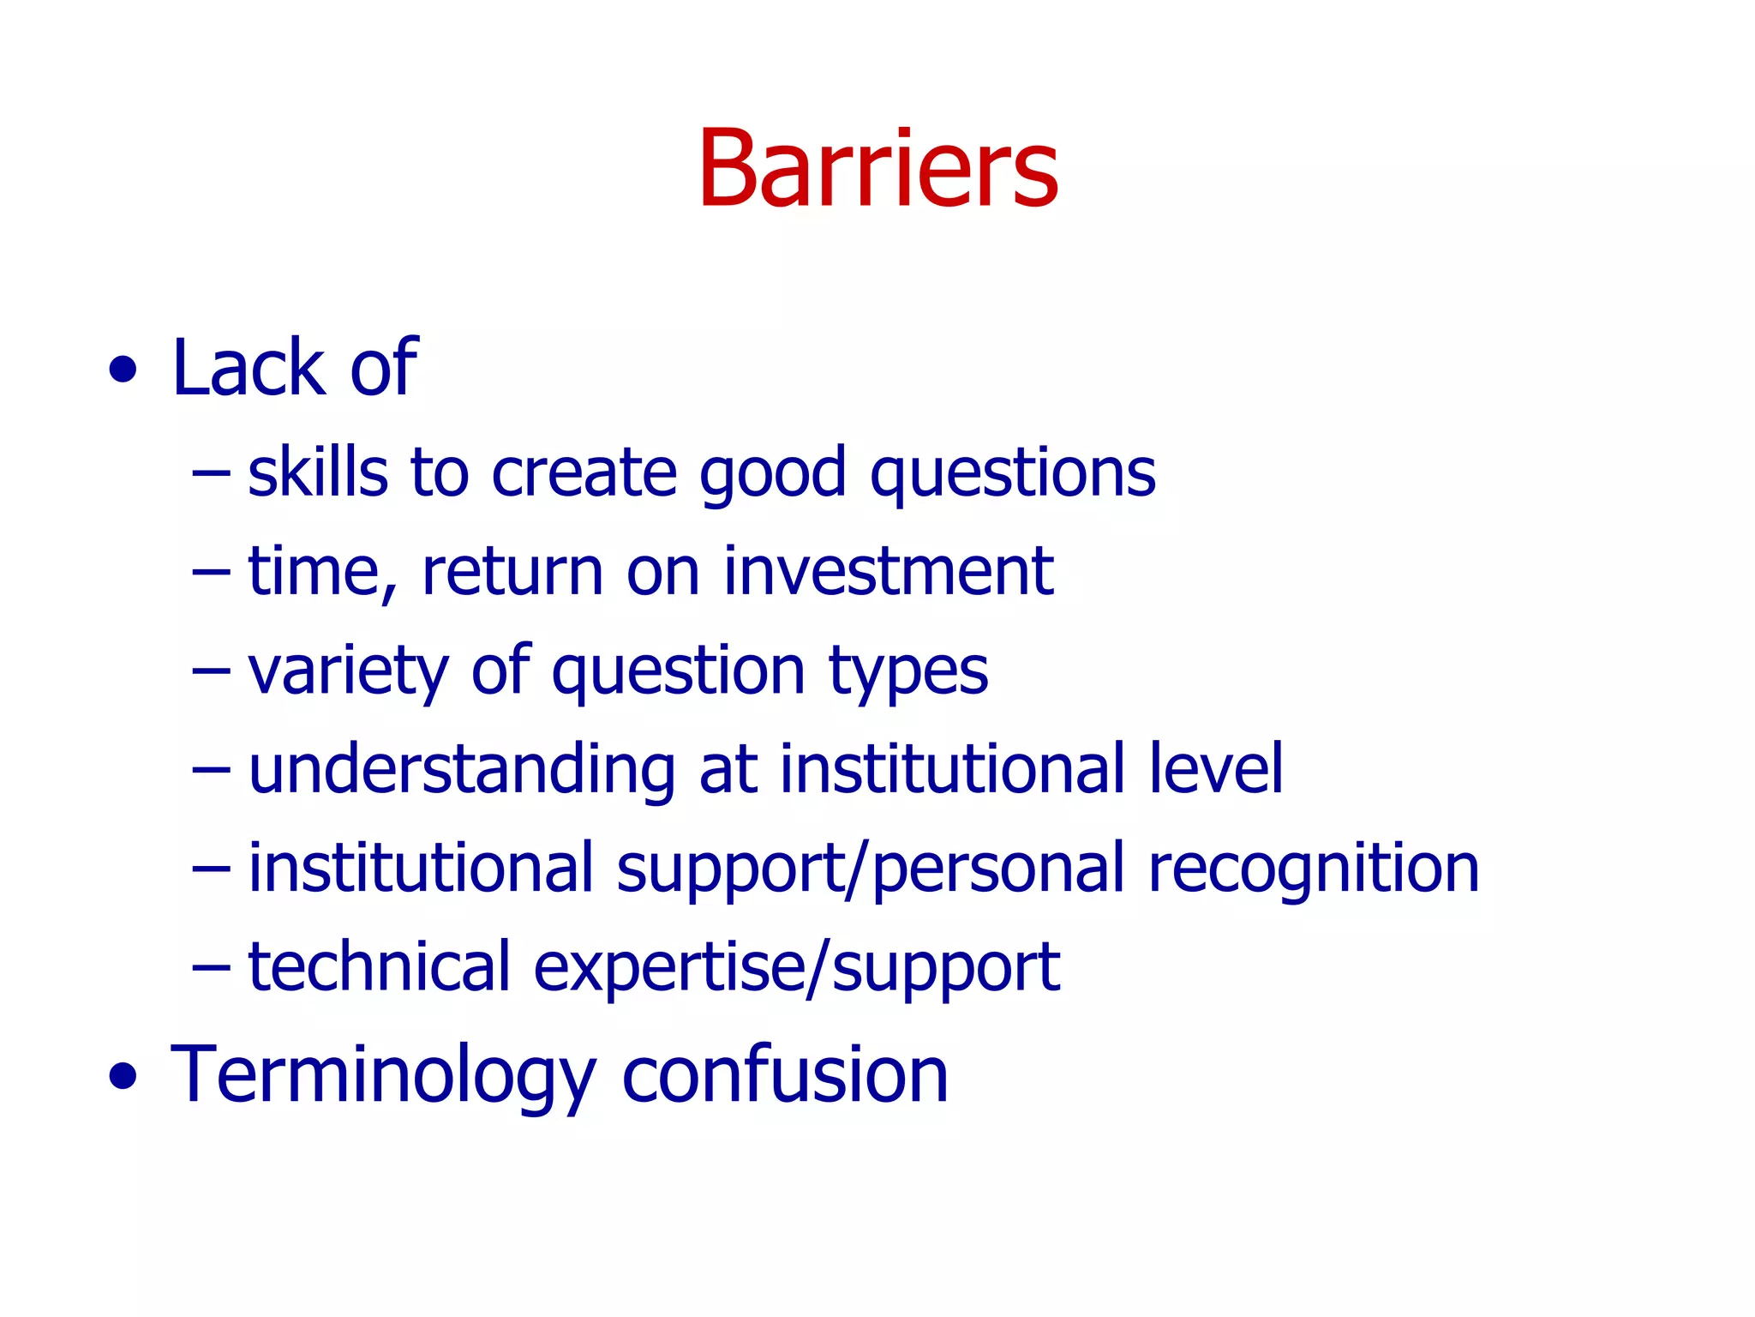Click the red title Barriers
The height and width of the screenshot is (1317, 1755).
[x=877, y=169]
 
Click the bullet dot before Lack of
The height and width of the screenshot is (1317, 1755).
[x=123, y=370]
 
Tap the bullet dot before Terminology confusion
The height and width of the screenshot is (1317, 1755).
[x=123, y=1077]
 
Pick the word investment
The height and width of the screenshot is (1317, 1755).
[x=888, y=571]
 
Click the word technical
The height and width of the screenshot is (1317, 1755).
[x=379, y=966]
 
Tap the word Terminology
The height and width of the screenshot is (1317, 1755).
[x=383, y=1077]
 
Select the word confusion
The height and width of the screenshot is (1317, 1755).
[x=785, y=1075]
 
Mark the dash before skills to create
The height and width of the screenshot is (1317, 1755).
[x=212, y=473]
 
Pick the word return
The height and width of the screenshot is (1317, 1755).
[x=512, y=573]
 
